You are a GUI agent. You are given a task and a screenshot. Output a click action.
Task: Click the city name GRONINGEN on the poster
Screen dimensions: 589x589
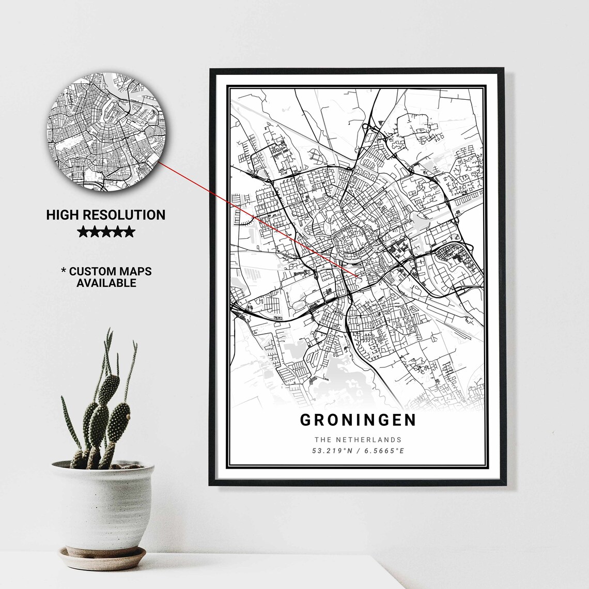(358, 420)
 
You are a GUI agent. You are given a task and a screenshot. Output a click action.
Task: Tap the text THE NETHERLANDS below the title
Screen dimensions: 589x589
(358, 440)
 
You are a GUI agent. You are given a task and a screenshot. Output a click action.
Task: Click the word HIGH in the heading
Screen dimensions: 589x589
(61, 215)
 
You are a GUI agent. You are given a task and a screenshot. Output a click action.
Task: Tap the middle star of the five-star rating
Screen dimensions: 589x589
(105, 232)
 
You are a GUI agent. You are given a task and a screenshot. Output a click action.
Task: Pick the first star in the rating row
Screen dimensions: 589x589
(83, 232)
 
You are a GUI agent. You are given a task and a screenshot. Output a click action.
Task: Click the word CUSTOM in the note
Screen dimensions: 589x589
(94, 271)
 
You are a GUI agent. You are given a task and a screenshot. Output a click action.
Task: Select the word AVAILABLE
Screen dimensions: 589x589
(106, 283)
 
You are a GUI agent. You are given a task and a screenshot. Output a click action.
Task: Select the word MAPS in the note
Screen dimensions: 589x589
(136, 271)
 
